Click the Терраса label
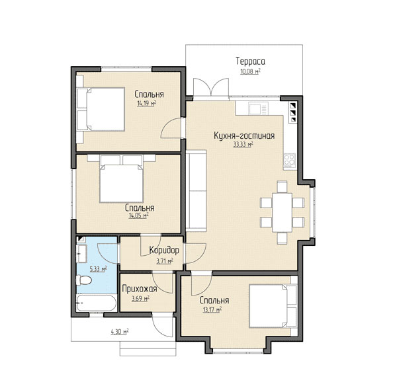point(250,61)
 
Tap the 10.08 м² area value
point(250,71)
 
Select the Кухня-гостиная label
point(244,136)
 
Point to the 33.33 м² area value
point(243,144)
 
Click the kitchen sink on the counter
point(258,108)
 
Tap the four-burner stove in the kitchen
point(290,161)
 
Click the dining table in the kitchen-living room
point(283,212)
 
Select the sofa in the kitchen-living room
point(196,190)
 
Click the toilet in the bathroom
point(84,280)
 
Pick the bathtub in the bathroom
point(97,303)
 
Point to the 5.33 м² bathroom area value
point(98,269)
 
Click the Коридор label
point(164,251)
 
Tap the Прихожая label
point(140,289)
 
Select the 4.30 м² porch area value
point(120,332)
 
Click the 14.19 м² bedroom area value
point(147,103)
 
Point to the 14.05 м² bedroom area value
point(138,216)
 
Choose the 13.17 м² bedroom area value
point(212,310)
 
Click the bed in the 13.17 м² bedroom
point(273,306)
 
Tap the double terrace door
point(211,88)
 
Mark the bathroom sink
point(81,253)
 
